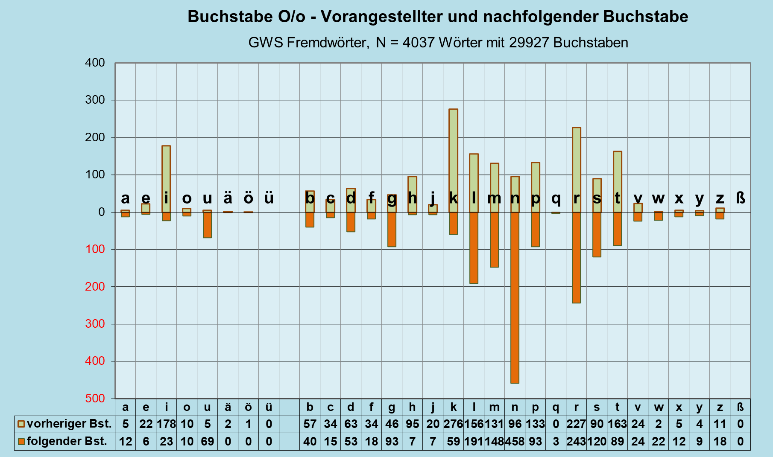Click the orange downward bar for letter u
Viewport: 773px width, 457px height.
(x=207, y=225)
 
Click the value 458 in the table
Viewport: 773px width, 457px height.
(x=515, y=441)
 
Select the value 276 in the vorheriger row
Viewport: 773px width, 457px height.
(x=453, y=424)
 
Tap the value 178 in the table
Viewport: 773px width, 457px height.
(x=166, y=424)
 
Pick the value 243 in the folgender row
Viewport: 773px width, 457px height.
(x=576, y=441)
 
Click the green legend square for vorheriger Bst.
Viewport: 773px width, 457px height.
(x=21, y=424)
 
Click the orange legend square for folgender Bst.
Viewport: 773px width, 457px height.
(x=21, y=441)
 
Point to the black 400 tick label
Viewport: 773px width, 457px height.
(x=95, y=63)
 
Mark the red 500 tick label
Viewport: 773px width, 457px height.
(x=95, y=399)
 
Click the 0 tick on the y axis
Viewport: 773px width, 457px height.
(x=101, y=212)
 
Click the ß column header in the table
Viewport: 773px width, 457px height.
(x=740, y=408)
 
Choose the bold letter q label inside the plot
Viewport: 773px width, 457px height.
(x=556, y=198)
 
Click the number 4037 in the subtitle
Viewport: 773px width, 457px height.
(x=419, y=43)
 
